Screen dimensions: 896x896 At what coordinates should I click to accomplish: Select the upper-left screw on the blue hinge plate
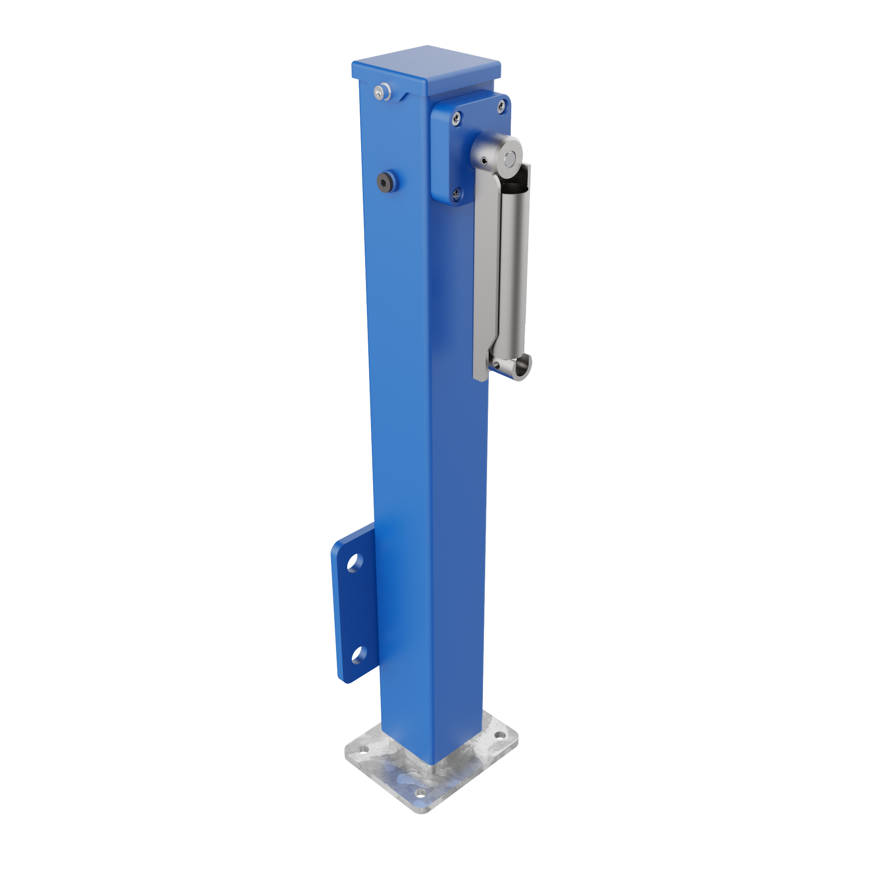457,119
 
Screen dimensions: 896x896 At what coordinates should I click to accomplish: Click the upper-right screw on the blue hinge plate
501,108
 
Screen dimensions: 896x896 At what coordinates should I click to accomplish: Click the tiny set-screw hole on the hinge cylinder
484,161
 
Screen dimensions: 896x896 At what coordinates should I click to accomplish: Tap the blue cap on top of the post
426,67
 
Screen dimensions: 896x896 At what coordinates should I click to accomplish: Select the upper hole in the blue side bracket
354,563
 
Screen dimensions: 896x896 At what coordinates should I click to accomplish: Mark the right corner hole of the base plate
499,736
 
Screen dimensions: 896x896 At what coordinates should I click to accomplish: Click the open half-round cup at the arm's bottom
522,366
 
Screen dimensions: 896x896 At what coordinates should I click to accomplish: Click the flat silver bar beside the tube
486,269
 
